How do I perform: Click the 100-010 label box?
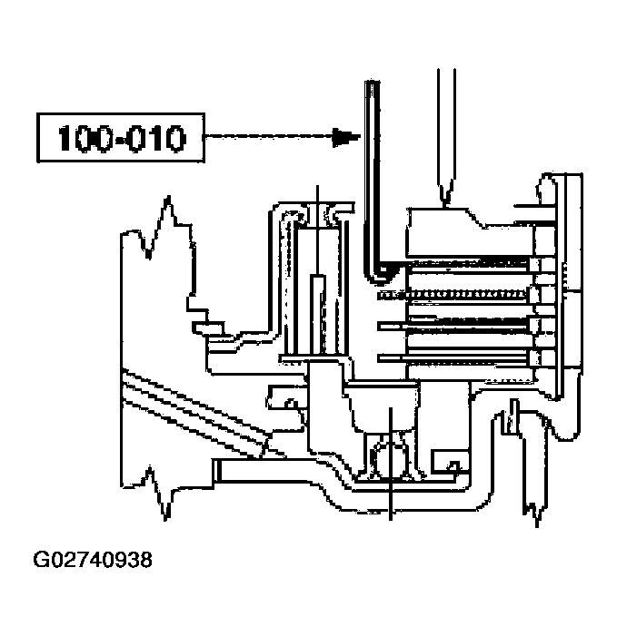pos(122,138)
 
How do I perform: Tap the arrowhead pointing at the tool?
pos(343,138)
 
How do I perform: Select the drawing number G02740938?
pos(93,560)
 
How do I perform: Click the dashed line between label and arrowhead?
pos(268,138)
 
